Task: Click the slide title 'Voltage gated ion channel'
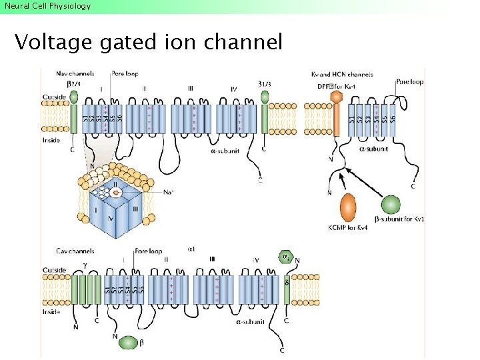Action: [x=149, y=43]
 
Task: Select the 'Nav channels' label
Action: [x=75, y=74]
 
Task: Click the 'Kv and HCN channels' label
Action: [x=342, y=75]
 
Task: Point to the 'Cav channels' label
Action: [x=75, y=251]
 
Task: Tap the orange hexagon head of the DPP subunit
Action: [x=336, y=97]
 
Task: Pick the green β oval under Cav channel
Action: [x=131, y=343]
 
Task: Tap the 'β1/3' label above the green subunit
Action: [x=265, y=83]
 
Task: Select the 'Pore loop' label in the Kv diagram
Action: [x=409, y=82]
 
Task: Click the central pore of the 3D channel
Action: [x=116, y=193]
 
